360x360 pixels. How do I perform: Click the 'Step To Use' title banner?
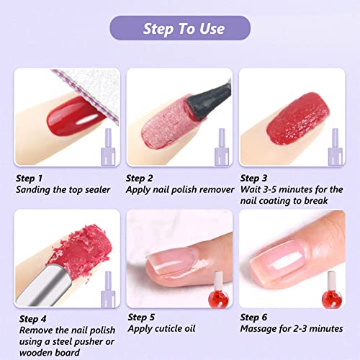click(180, 29)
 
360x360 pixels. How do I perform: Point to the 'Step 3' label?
click(253, 178)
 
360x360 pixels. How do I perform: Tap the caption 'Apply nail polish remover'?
click(180, 189)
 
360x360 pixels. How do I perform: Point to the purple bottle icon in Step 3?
click(335, 144)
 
